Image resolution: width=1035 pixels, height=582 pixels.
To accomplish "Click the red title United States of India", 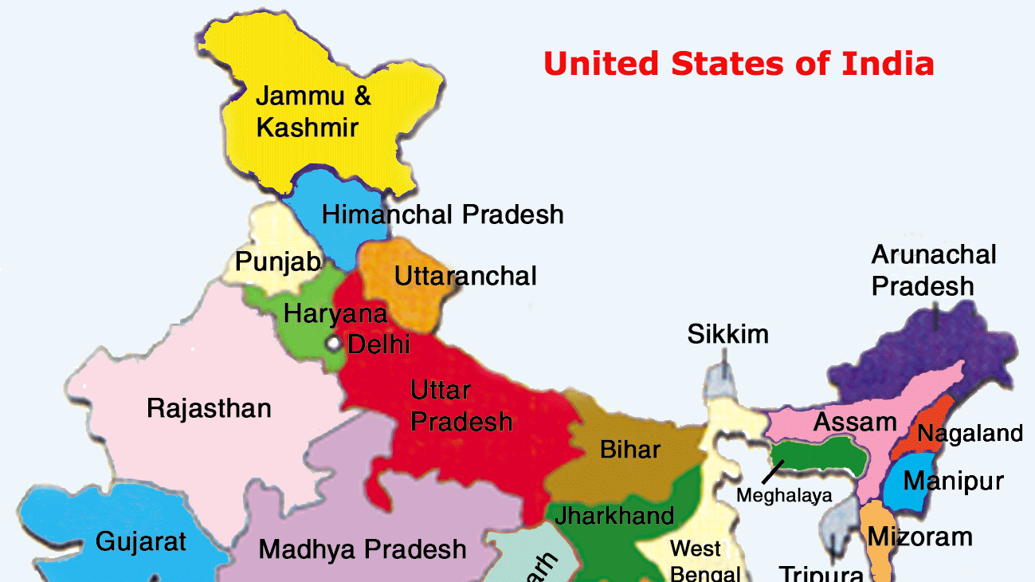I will (x=739, y=63).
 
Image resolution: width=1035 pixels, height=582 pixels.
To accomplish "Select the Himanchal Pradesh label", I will (x=442, y=214).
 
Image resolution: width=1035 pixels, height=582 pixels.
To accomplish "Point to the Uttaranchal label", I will (x=465, y=276).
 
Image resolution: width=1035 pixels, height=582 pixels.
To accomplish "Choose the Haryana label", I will (x=335, y=313).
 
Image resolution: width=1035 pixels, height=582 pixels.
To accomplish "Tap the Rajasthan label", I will (x=209, y=409).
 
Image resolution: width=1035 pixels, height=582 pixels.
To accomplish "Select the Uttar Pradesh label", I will (x=461, y=405).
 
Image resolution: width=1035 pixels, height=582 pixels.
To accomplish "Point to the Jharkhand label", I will (x=614, y=515).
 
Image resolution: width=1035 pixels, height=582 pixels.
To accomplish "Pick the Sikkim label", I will (x=728, y=334).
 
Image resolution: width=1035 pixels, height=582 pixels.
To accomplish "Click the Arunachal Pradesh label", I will (x=933, y=269).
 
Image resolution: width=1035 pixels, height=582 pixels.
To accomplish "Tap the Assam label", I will (x=854, y=422).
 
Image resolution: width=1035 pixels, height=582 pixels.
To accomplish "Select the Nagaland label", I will (x=970, y=434).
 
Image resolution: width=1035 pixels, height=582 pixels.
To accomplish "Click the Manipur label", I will (x=953, y=482).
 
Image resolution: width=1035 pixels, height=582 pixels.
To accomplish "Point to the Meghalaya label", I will (x=783, y=495).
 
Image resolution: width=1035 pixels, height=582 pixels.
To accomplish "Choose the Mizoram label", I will (x=919, y=537).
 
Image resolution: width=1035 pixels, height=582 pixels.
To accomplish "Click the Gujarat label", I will (x=140, y=542).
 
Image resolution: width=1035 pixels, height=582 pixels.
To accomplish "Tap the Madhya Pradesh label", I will (x=362, y=549).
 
